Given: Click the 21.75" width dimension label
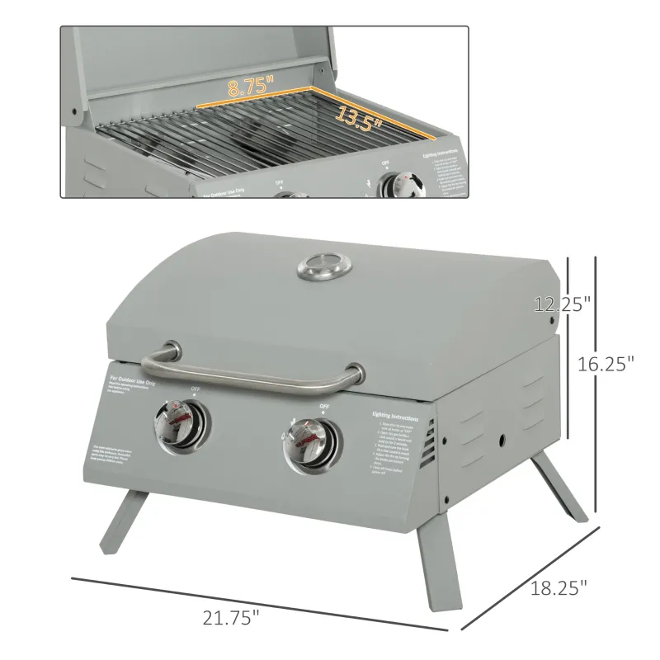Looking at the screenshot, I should click(231, 615).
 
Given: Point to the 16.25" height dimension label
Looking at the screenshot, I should click(606, 362).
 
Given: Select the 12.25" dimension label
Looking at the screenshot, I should click(563, 304).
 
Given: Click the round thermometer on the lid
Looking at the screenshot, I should click(323, 266).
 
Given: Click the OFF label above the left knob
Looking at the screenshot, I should click(196, 389).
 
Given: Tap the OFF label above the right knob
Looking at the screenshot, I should click(324, 407).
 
